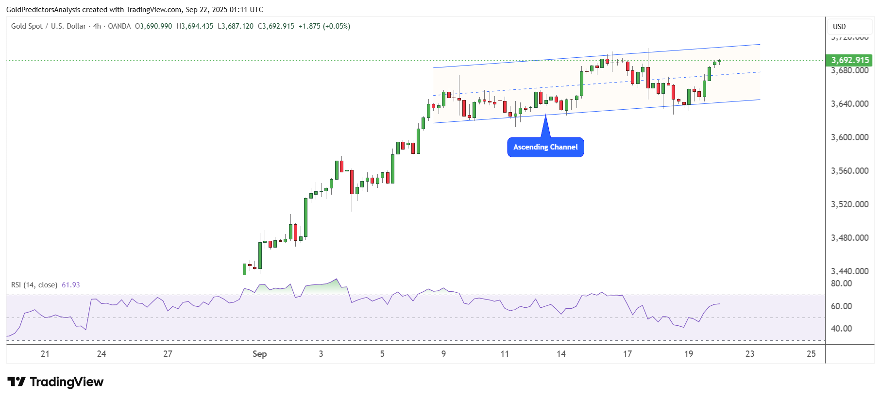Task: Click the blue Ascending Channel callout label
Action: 545,147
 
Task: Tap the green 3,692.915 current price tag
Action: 849,60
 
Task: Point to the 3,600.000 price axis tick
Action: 849,137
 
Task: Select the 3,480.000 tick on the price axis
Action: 849,238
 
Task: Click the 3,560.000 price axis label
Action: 849,171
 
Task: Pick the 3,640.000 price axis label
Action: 849,104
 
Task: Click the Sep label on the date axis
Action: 259,354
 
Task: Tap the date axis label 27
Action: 168,354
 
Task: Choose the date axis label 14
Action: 561,354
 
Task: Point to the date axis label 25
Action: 811,354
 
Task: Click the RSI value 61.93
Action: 71,285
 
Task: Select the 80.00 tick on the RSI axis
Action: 841,283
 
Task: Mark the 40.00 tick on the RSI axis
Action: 841,329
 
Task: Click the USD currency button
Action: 839,27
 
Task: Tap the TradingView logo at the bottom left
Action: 55,382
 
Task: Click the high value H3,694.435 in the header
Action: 195,26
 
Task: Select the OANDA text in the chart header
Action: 119,26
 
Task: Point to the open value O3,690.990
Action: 153,26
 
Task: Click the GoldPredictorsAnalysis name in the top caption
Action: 43,9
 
